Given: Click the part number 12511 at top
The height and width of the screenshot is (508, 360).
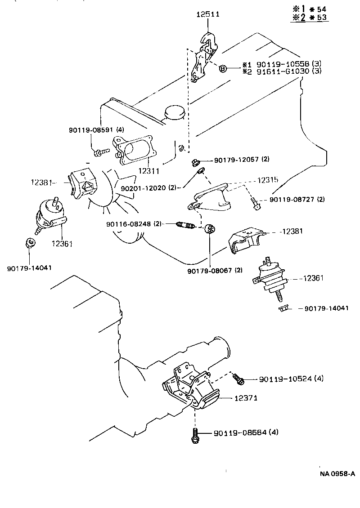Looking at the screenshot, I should tap(207, 14).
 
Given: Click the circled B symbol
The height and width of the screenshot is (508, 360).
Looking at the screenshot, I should tap(222, 68).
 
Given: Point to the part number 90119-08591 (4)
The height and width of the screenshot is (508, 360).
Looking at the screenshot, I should tap(96, 130).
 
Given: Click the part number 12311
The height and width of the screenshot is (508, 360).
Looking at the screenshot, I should tap(149, 171).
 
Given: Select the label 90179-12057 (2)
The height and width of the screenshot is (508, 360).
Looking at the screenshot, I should tap(242, 160).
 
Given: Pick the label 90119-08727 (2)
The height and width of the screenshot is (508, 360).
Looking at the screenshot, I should tap(297, 199).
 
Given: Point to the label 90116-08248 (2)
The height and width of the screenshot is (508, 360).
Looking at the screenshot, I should tap(134, 223).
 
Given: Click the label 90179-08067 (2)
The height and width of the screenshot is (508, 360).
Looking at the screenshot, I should tap(215, 270).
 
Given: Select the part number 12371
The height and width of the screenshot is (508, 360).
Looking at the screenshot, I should tap(246, 398).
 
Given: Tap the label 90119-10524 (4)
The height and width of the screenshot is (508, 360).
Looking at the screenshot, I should tap(291, 379).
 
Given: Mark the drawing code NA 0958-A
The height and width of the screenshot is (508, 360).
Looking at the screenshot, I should tap(337, 473).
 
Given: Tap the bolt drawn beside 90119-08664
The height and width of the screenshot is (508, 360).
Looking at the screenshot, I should tap(194, 435).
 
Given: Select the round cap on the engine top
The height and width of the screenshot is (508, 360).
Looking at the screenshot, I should tap(175, 113).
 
